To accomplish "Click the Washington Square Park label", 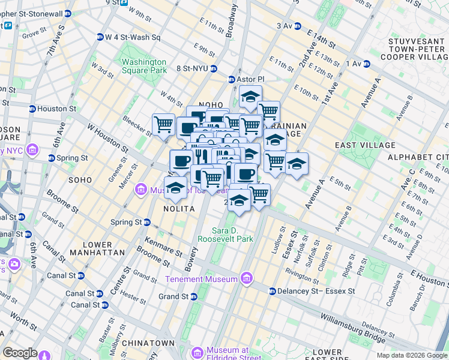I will pos(143,66).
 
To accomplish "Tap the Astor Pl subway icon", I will pos(231,79).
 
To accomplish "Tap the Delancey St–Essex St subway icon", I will pos(272,292).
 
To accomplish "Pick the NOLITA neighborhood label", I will pos(179,208).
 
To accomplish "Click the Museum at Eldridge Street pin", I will pos(197,351).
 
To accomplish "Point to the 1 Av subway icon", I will pos(348,64).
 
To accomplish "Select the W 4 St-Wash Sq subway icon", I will pos(100,37).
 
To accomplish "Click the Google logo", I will pos(20,353).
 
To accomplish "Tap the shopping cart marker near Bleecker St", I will pos(163,125).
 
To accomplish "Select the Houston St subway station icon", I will pos(32,109).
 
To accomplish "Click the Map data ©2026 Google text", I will pos(412,355).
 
